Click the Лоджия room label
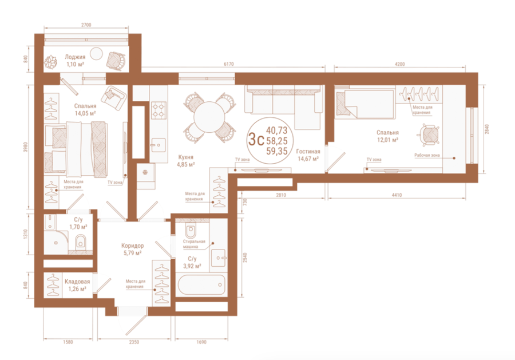click(75, 57)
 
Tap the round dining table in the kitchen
click(209, 117)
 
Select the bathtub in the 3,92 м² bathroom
click(201, 285)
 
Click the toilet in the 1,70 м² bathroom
click(81, 242)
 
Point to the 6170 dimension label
click(228, 64)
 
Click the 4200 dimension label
click(399, 64)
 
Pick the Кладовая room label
click(77, 282)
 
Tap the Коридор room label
click(132, 246)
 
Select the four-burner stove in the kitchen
click(159, 110)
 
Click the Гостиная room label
click(308, 152)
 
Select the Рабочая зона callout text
click(427, 155)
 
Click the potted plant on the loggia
click(51, 62)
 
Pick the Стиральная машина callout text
click(194, 244)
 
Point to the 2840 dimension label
click(487, 129)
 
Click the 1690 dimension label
click(201, 342)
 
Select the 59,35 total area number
click(277, 151)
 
